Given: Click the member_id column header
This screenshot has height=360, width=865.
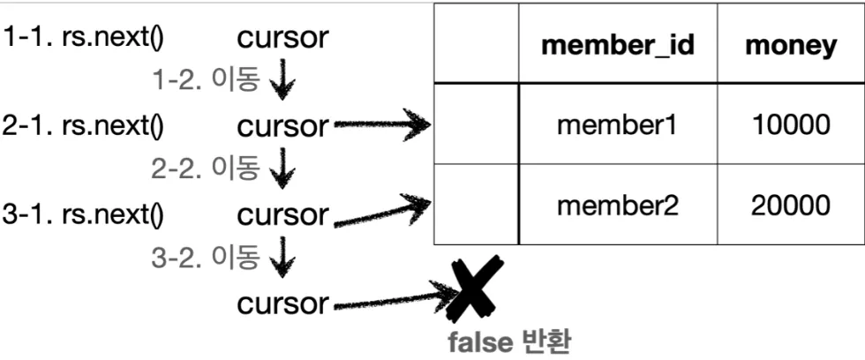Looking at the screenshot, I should click(617, 45).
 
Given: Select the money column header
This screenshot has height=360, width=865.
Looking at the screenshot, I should click(790, 45).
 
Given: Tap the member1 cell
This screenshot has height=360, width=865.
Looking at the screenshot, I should click(617, 125).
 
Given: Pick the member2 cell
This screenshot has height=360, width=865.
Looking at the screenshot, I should click(617, 206).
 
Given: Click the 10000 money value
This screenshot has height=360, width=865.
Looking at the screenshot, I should click(790, 125).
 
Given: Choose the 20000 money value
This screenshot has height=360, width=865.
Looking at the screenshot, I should click(790, 206).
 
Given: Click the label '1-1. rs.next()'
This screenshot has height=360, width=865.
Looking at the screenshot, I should click(85, 38).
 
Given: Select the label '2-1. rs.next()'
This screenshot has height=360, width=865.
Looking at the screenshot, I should click(85, 126).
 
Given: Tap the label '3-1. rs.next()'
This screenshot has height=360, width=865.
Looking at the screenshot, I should click(85, 214).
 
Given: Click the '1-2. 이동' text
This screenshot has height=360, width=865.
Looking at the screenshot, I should click(206, 80).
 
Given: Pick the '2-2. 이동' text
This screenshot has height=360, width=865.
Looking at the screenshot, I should click(206, 169).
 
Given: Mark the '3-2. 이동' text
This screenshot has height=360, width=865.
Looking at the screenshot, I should click(206, 258).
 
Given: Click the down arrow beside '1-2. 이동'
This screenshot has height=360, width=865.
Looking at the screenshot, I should click(282, 81).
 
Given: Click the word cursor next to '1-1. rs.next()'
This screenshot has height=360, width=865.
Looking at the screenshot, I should click(282, 38).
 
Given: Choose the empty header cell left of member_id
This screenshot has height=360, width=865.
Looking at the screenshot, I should click(476, 45).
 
